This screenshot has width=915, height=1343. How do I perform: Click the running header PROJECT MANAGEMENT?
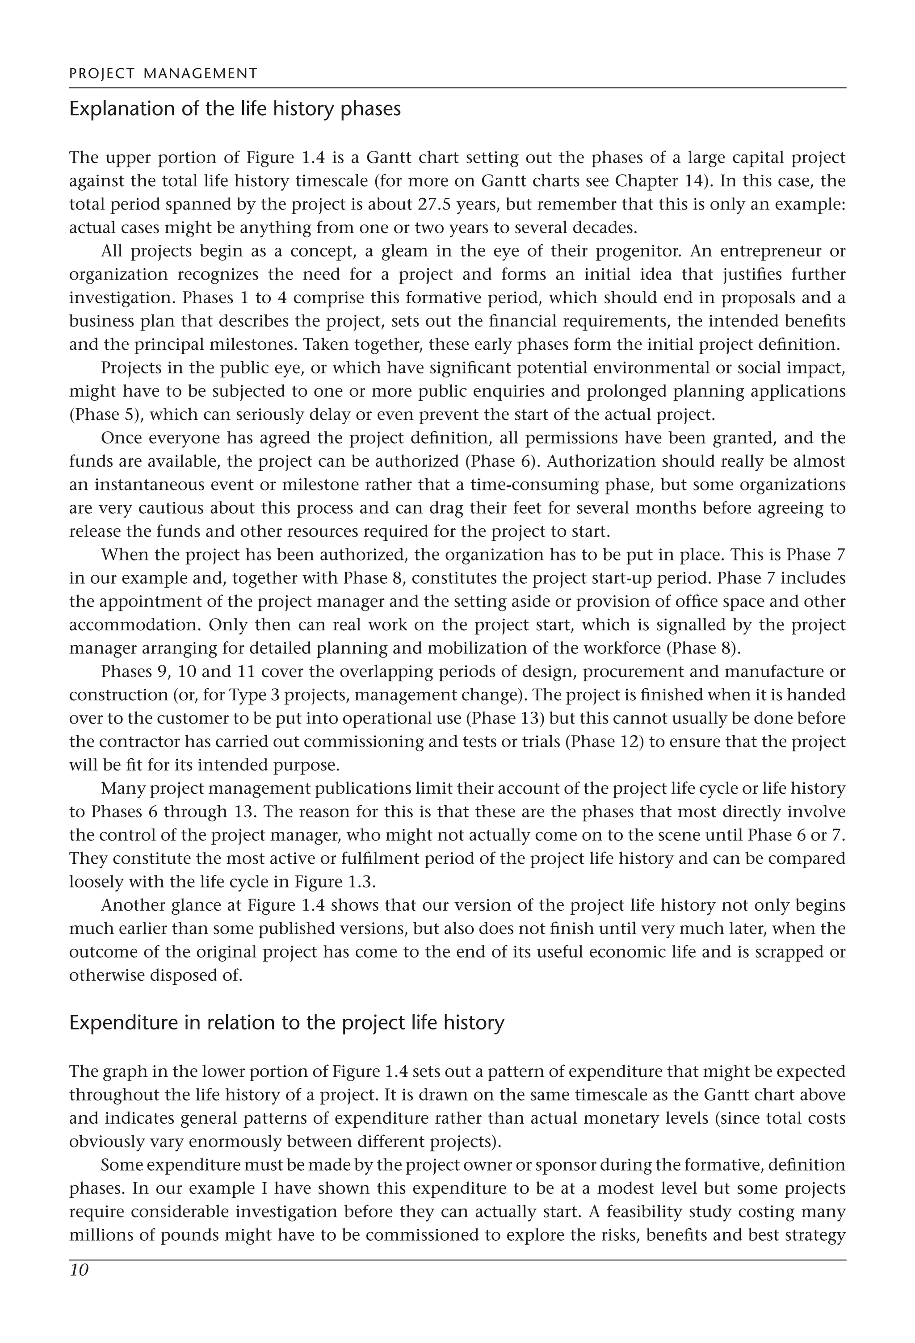point(163,73)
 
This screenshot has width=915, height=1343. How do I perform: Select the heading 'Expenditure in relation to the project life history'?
point(287,1023)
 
